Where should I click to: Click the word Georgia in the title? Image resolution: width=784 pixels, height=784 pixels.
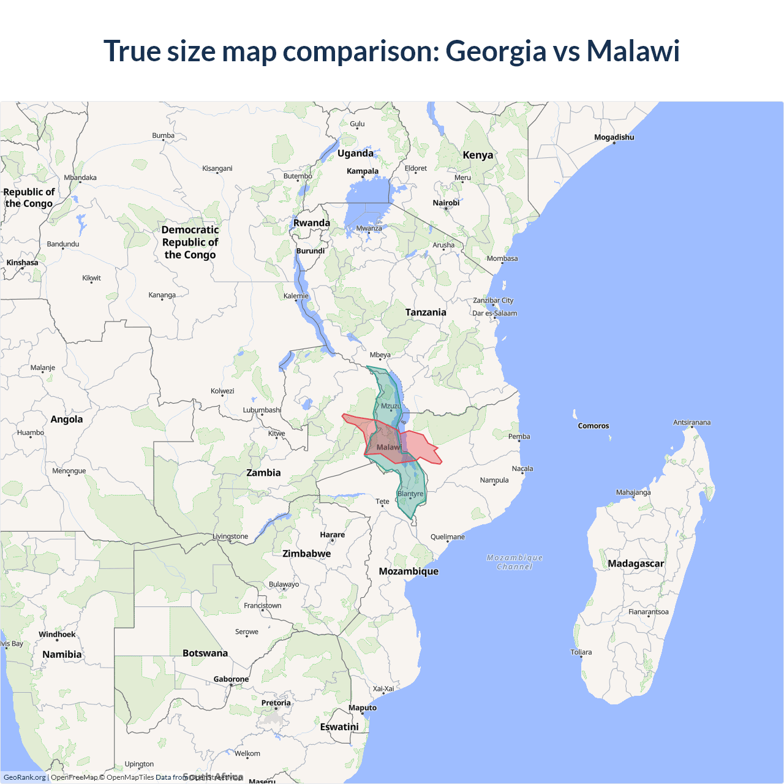(x=496, y=51)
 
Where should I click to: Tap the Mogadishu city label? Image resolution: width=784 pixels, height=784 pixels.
(x=614, y=137)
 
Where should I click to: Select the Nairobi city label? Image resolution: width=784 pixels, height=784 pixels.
(x=446, y=203)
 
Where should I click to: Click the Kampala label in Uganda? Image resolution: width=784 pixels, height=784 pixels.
(x=363, y=171)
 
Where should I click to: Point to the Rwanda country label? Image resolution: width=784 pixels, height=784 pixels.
(x=312, y=223)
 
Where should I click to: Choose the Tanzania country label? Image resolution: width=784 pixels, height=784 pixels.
(x=426, y=312)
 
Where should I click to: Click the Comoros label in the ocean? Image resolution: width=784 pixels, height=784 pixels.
(x=594, y=426)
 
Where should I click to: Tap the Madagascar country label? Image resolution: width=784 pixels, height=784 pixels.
(x=636, y=563)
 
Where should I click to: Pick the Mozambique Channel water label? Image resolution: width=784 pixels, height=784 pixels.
(x=514, y=562)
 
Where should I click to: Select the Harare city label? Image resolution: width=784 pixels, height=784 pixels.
(x=333, y=535)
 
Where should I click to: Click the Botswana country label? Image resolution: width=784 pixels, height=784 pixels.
(x=205, y=653)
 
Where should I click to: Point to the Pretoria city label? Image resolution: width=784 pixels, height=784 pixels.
(x=276, y=703)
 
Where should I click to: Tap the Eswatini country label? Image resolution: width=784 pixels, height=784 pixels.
(x=339, y=727)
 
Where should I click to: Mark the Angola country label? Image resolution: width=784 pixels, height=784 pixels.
(x=67, y=420)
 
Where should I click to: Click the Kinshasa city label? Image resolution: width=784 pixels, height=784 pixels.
(x=22, y=263)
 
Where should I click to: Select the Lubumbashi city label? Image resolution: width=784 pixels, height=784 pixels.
(x=262, y=410)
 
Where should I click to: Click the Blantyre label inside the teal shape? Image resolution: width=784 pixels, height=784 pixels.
(x=410, y=494)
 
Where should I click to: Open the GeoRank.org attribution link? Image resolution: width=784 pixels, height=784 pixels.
(x=24, y=777)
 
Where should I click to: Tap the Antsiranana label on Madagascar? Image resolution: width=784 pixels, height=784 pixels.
(x=692, y=423)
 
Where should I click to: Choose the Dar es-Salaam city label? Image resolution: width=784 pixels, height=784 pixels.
(x=494, y=314)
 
